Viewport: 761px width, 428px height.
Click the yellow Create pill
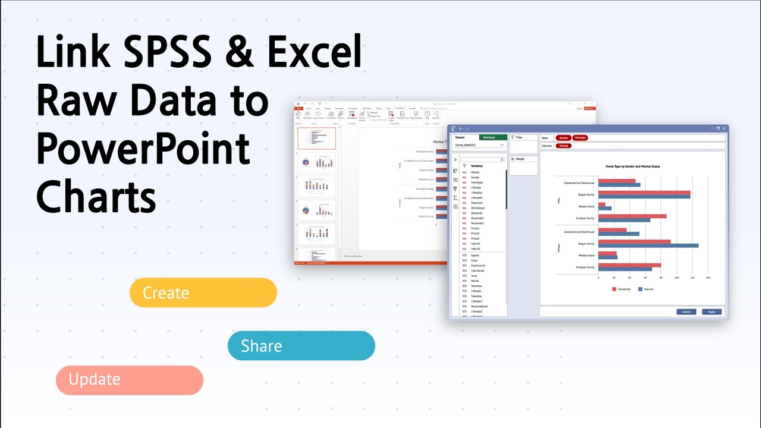click(x=203, y=292)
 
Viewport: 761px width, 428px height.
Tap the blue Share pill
click(x=301, y=346)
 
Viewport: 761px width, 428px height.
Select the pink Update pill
click(x=130, y=380)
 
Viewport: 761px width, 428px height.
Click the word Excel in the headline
click(x=315, y=52)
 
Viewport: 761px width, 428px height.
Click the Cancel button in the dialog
click(x=685, y=311)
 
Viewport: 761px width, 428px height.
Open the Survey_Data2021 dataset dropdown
click(x=479, y=145)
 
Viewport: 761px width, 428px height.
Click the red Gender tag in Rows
click(x=563, y=137)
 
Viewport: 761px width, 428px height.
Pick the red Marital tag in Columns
click(x=563, y=146)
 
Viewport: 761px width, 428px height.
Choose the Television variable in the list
click(x=477, y=203)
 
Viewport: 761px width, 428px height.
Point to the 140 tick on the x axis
click(x=707, y=278)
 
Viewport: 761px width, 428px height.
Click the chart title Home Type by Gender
click(x=632, y=166)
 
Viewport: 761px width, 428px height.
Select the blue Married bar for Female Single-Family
click(x=648, y=246)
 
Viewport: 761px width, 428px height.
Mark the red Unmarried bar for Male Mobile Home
click(x=602, y=204)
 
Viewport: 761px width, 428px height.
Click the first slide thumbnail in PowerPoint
click(x=316, y=139)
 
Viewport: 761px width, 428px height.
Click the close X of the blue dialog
click(x=724, y=128)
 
